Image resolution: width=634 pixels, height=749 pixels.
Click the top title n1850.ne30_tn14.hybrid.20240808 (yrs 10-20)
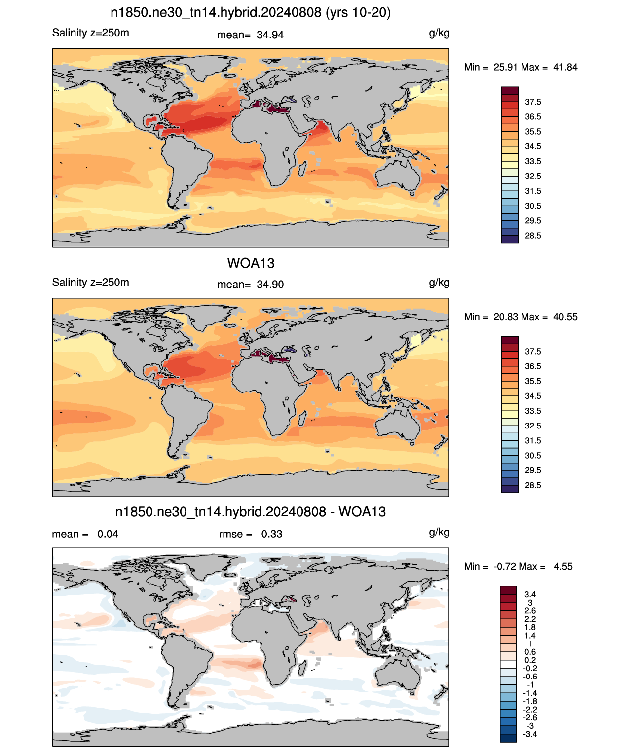(251, 13)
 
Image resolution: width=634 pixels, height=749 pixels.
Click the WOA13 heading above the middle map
(251, 263)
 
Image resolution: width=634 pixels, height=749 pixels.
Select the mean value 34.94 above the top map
(270, 35)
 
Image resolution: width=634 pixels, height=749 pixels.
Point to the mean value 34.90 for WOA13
(270, 285)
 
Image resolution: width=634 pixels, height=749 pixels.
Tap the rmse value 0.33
(271, 534)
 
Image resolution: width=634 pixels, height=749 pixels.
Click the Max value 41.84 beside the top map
(565, 67)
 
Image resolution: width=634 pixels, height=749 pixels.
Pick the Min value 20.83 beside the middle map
(505, 317)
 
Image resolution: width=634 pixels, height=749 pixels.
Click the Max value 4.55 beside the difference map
(563, 567)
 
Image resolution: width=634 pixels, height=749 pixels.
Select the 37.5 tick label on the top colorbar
(533, 102)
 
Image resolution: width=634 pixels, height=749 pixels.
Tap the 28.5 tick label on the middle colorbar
(533, 485)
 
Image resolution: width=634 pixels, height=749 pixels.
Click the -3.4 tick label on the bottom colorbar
(530, 735)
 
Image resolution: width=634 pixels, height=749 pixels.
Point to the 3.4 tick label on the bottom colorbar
(530, 594)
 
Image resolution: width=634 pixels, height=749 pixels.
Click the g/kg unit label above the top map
(439, 34)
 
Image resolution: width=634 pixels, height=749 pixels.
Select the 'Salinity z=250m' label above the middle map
(91, 282)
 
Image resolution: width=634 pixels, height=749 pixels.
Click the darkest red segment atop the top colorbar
(510, 91)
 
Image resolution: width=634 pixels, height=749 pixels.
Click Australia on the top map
(398, 175)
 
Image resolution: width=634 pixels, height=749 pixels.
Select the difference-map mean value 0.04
(108, 534)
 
